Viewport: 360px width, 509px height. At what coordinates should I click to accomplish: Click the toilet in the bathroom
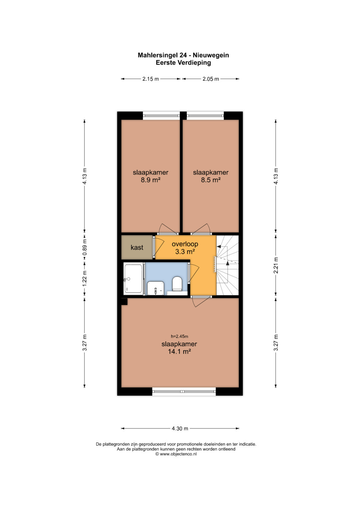177,284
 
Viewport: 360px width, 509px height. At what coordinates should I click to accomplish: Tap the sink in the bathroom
156,288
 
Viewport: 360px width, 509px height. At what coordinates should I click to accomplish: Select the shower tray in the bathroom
133,279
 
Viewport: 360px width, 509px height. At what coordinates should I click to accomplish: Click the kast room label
137,247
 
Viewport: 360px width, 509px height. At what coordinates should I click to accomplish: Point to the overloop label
185,244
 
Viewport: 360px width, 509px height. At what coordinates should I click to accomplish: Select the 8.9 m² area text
150,180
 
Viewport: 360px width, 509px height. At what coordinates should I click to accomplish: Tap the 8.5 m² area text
211,180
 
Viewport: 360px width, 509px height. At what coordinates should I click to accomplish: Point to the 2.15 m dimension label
150,79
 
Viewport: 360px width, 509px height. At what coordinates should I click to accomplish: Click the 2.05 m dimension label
211,79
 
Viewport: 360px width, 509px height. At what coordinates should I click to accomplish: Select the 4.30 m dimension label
180,429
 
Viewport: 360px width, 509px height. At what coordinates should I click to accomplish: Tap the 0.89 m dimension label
85,247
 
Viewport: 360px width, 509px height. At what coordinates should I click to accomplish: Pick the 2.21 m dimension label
276,265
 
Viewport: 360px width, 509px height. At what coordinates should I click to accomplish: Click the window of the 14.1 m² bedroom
184,391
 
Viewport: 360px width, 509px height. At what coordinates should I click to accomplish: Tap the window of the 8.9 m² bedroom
161,116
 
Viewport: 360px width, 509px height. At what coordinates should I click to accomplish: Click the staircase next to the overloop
227,265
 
